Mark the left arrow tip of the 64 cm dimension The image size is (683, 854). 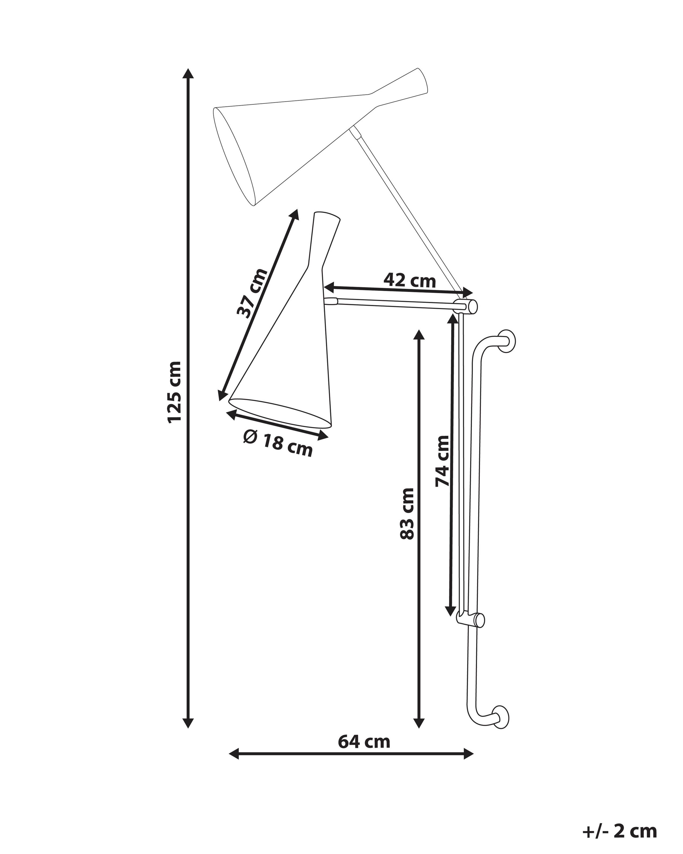[229, 753]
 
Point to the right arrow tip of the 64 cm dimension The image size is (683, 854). [474, 753]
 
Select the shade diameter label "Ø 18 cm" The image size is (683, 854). [278, 444]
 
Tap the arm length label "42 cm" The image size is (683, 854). [410, 281]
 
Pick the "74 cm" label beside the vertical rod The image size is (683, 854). [442, 461]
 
